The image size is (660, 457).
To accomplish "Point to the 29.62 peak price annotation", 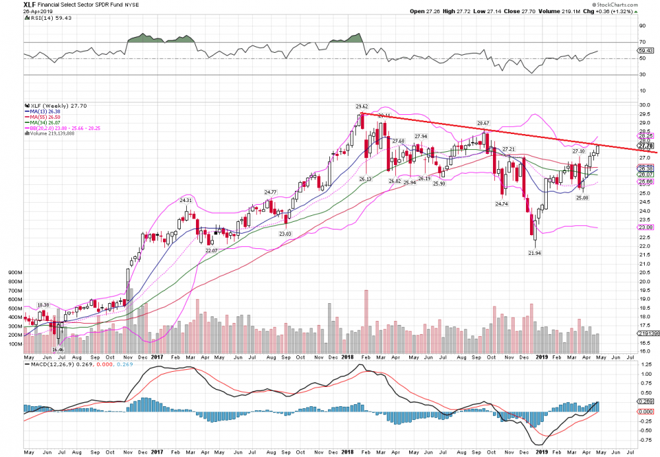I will point(362,106).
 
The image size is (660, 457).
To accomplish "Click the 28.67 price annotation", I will point(484,123).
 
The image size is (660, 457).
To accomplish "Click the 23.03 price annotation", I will point(284,233).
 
